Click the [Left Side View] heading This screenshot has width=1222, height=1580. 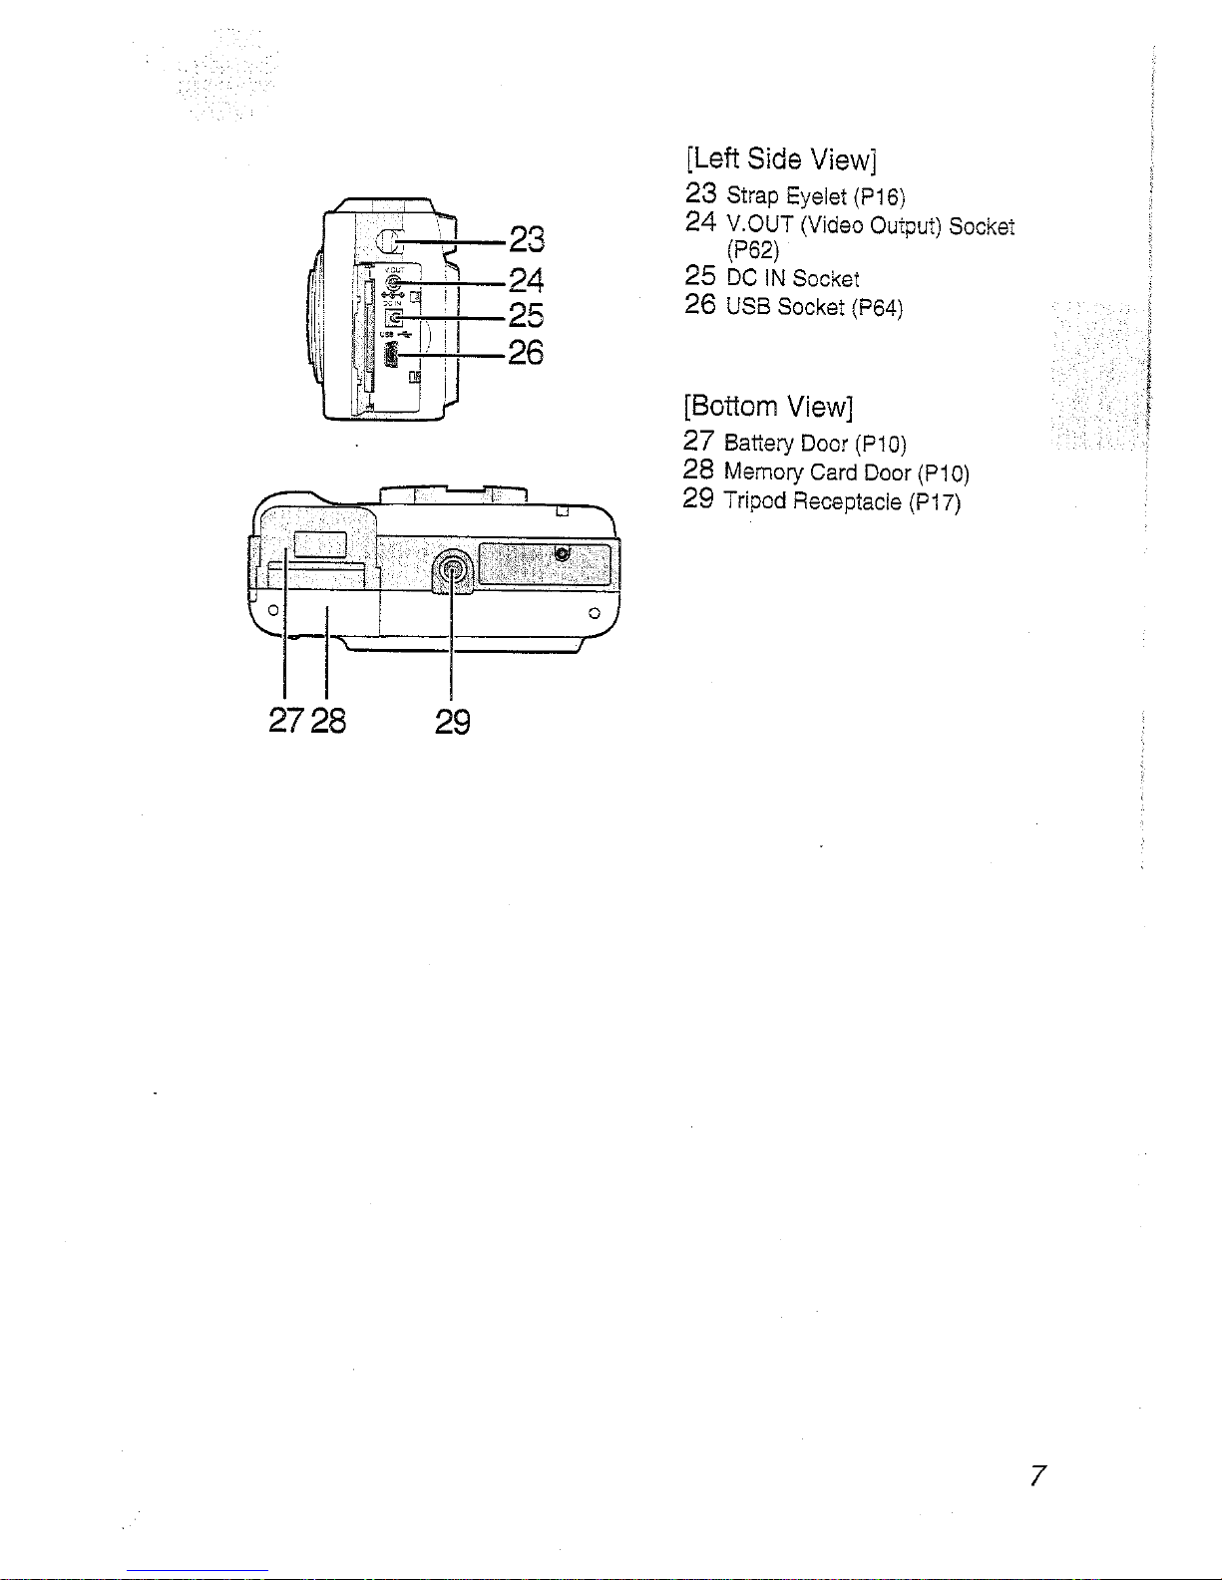coord(781,159)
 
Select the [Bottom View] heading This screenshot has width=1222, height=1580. coord(768,407)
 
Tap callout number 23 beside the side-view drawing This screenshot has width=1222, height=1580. coord(527,240)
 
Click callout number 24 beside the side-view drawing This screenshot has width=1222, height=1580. coord(527,281)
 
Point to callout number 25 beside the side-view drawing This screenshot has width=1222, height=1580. coord(527,316)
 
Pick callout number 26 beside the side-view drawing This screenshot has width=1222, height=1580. coord(526,353)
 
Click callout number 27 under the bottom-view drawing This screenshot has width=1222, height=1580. coord(286,721)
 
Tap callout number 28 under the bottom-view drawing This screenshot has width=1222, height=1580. coord(328,721)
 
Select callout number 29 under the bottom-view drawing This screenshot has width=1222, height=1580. coord(453,722)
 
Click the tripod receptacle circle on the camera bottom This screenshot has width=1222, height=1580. coord(452,570)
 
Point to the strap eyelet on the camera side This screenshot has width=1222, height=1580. coord(390,241)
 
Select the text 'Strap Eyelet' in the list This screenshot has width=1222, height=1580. coord(786,196)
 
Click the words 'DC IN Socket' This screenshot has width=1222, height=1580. coord(793,278)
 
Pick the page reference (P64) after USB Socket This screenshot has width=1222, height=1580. coord(877,308)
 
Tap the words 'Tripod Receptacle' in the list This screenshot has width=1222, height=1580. coord(812,501)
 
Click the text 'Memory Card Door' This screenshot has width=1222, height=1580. coord(817,473)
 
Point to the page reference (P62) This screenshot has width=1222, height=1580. coord(753,251)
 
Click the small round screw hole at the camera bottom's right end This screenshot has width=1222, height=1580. coord(595,614)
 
